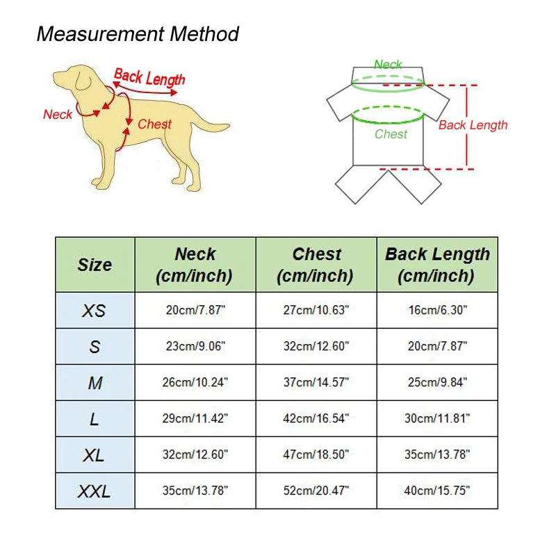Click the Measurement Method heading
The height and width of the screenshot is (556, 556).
point(138,34)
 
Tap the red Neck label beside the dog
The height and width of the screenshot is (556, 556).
point(58,115)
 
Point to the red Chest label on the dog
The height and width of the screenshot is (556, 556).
point(154,124)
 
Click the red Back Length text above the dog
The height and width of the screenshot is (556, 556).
point(149,77)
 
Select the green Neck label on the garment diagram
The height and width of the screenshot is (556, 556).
point(388,65)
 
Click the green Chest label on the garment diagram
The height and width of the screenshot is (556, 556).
point(391,134)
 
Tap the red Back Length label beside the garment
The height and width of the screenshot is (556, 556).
point(473,125)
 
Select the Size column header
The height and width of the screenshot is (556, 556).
point(95,265)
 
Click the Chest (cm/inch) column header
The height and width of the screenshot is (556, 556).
point(316,265)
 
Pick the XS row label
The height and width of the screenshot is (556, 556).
point(95,311)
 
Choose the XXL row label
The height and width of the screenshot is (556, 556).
point(95,491)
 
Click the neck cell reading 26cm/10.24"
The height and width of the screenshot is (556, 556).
point(195,383)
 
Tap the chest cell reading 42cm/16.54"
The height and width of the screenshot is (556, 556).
point(316,419)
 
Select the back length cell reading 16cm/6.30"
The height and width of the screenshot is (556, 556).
point(437,311)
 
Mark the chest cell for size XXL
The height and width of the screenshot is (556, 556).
point(316,491)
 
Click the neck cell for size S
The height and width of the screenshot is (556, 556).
point(195,347)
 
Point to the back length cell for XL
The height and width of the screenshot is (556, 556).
point(437,455)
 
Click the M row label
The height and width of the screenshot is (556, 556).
point(95,383)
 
